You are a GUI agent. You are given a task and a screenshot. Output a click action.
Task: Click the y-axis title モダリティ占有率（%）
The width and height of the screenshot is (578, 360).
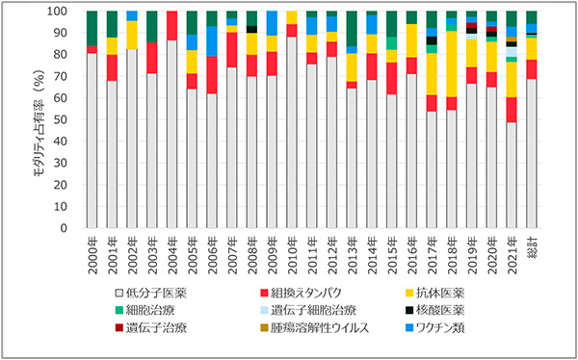tap(42, 120)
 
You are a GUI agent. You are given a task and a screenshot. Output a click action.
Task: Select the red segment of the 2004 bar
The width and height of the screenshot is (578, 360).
tap(171, 25)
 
